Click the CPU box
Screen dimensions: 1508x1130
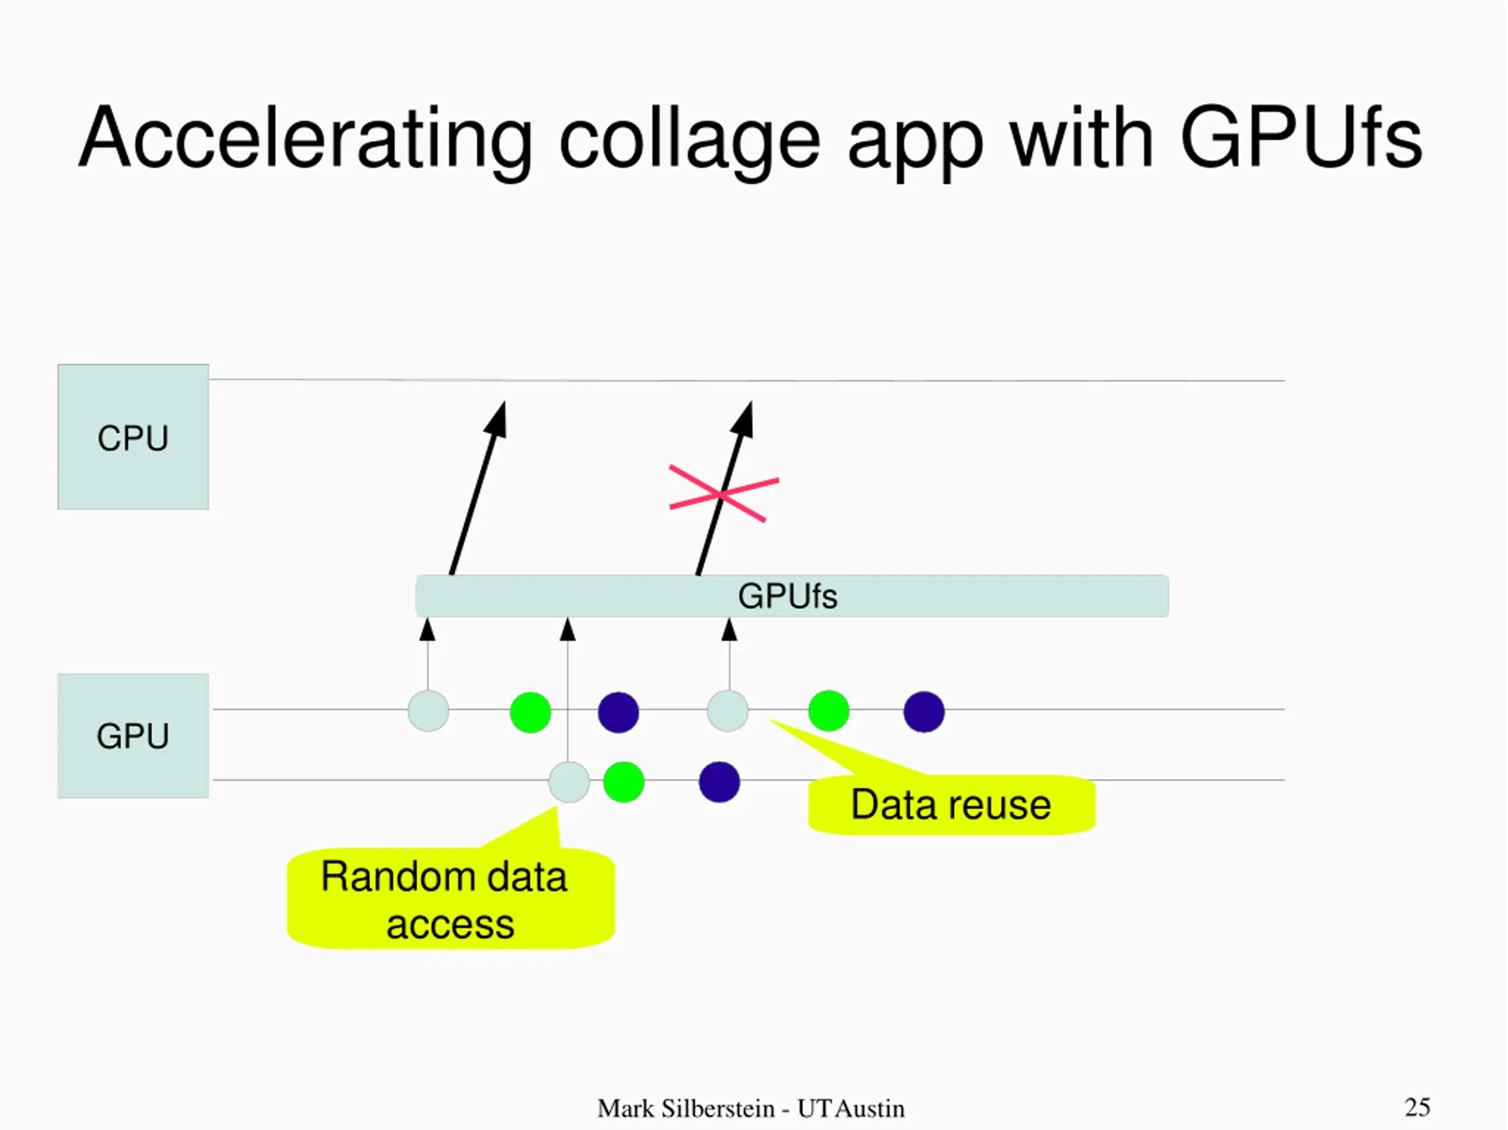click(x=133, y=437)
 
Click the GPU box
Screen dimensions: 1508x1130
click(x=133, y=736)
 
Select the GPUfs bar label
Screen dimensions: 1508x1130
click(x=788, y=596)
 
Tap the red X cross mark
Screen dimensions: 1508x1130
click(x=723, y=494)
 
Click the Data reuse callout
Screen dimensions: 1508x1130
click(x=951, y=805)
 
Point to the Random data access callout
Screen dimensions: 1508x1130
click(x=450, y=899)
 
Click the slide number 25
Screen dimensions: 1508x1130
click(x=1417, y=1107)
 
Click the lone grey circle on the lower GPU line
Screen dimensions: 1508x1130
click(x=568, y=782)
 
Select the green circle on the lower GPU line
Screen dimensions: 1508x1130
click(x=624, y=782)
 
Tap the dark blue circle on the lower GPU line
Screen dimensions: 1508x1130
click(x=719, y=782)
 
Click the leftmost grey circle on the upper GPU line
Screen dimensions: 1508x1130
click(x=428, y=711)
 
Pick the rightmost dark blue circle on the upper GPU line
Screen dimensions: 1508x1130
click(x=924, y=711)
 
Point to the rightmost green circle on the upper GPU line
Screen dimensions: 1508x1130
click(x=828, y=711)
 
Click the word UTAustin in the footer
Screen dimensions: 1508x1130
click(x=851, y=1109)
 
